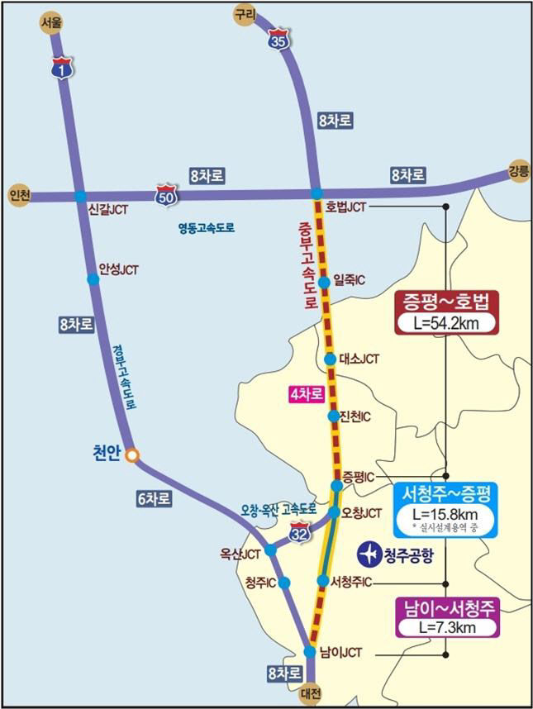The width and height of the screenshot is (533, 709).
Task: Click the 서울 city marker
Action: pos(51,23)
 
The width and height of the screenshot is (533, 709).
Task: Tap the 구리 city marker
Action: pos(245,13)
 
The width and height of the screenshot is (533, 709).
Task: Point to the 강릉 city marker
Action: pos(517,171)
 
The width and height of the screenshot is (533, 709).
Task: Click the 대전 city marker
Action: pos(311,692)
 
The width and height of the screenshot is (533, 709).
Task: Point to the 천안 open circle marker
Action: pos(131,454)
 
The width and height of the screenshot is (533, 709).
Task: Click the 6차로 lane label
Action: pos(156,498)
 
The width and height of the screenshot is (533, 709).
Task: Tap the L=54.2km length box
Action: pos(447,322)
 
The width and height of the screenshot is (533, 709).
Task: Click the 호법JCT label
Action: pos(345,205)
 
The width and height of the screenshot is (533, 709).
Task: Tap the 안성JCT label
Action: pos(119,269)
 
